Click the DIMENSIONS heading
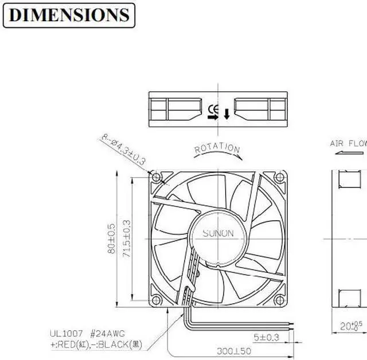point(69,15)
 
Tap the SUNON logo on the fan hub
point(218,233)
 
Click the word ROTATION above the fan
point(217,149)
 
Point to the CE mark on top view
point(213,108)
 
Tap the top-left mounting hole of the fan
point(155,178)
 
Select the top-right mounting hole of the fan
point(279,178)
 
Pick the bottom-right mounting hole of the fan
point(279,300)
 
